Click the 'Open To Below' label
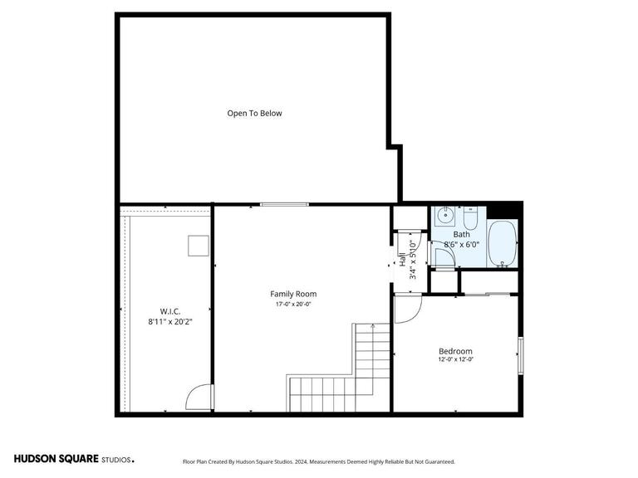(254, 113)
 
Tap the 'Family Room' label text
(293, 294)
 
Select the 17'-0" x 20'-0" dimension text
(293, 305)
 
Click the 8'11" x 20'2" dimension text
(170, 320)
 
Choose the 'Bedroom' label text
(455, 351)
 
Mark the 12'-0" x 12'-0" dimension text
(455, 360)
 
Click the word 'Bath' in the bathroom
(461, 235)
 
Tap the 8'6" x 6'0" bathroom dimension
(462, 245)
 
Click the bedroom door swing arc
(408, 310)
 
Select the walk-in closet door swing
(199, 398)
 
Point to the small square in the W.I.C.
(197, 246)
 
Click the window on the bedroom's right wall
(521, 355)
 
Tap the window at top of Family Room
(284, 204)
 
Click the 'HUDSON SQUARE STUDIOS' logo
(73, 459)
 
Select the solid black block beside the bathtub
(502, 211)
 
